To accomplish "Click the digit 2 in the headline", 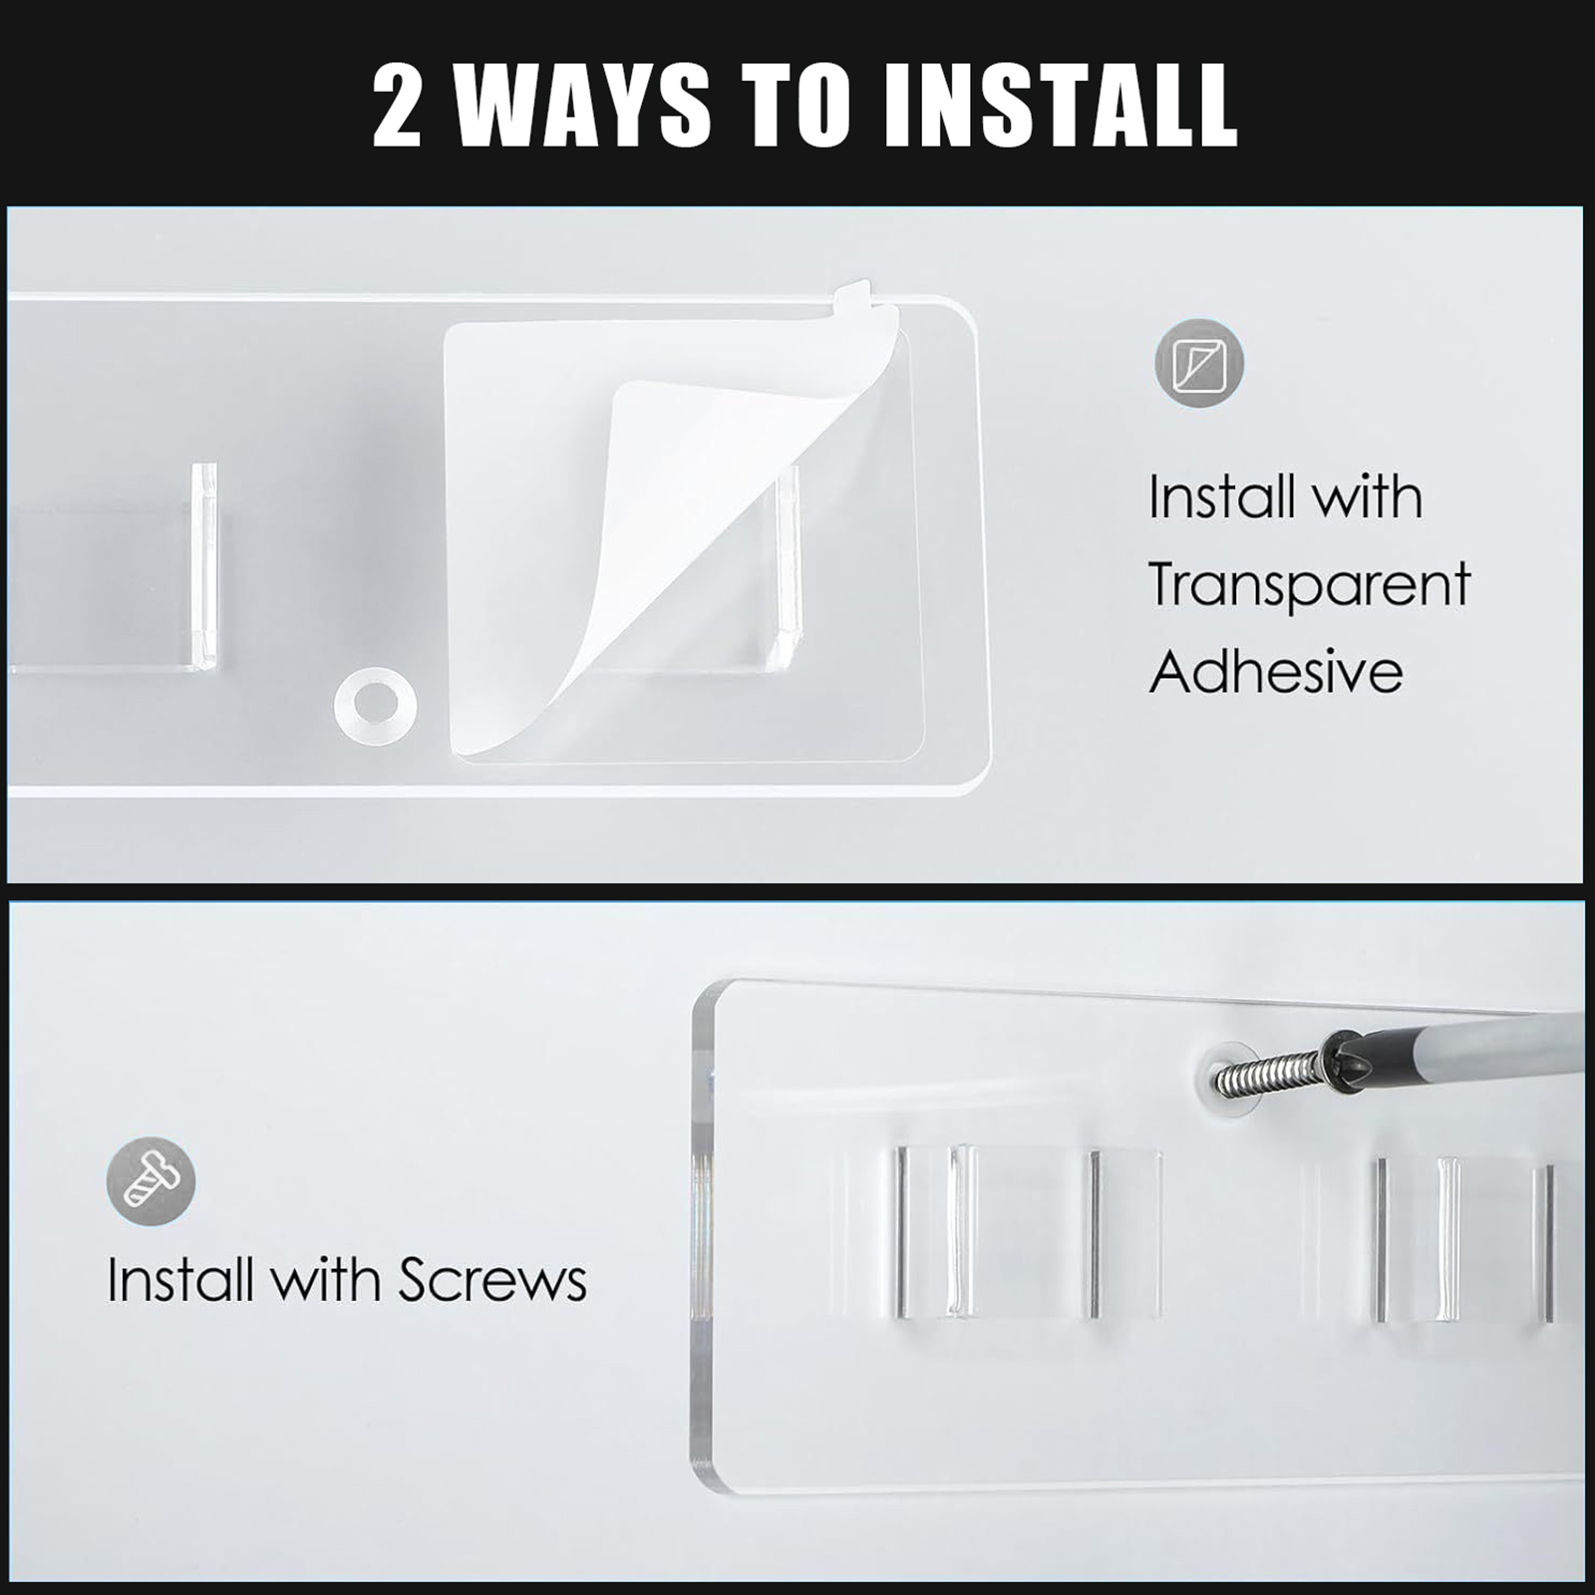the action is (x=397, y=105).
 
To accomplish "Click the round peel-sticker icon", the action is (x=1199, y=363).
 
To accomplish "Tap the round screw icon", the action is (x=151, y=1180).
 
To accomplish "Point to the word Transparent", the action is (x=1309, y=586).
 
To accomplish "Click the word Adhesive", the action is (x=1276, y=671).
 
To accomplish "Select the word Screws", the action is (x=492, y=1279).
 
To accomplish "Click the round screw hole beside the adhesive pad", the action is (x=376, y=703).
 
